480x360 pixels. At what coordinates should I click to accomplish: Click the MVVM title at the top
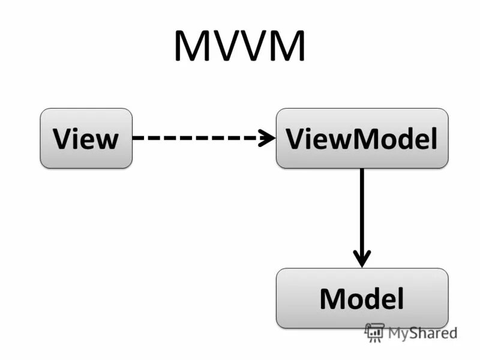[239, 47]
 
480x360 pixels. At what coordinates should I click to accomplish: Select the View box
[86, 138]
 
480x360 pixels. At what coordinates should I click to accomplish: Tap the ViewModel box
[362, 138]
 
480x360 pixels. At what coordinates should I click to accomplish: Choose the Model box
[362, 298]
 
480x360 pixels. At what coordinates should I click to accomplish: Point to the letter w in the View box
[106, 140]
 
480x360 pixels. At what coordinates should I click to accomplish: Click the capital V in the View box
[62, 139]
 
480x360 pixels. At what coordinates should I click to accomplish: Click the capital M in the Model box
[332, 299]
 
